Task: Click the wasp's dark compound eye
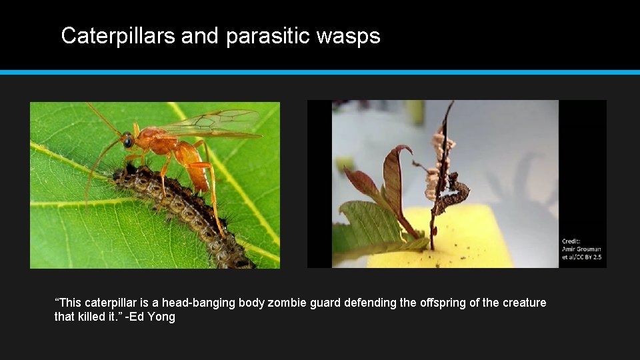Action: point(127,141)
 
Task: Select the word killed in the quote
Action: point(91,317)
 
